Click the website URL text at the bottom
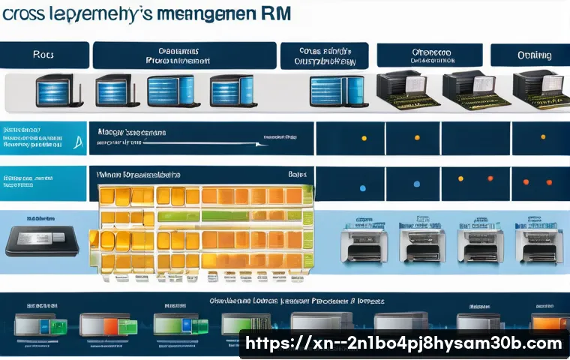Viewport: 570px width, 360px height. pyautogui.click(x=403, y=343)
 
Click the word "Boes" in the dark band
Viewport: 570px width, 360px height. pyautogui.click(x=297, y=174)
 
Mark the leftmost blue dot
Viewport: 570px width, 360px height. pyautogui.click(x=363, y=187)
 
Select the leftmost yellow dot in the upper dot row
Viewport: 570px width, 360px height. pyautogui.click(x=364, y=139)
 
